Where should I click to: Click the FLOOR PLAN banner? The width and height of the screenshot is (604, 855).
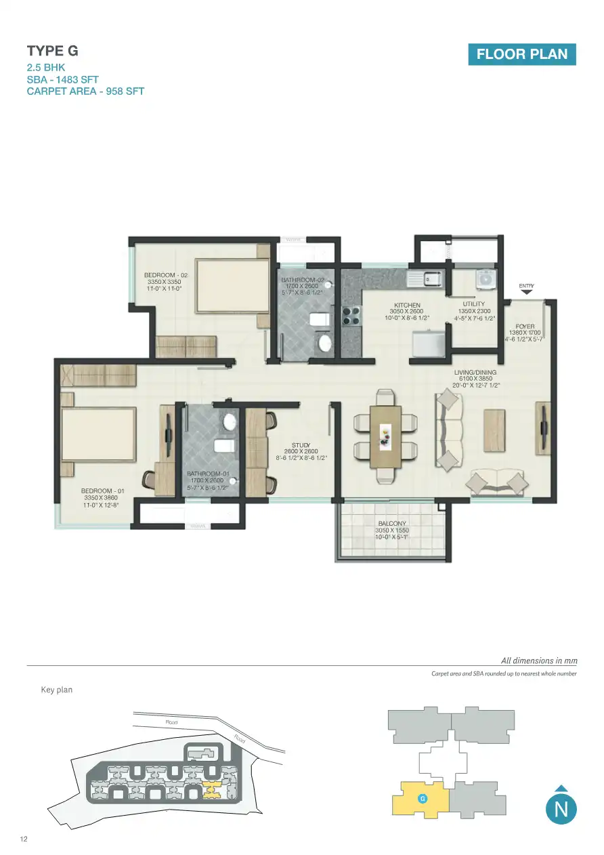click(x=521, y=54)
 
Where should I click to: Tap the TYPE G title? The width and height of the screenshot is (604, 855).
click(x=52, y=51)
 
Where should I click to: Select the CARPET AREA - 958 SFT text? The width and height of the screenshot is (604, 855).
click(x=85, y=91)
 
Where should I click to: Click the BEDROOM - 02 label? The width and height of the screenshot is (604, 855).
click(x=166, y=275)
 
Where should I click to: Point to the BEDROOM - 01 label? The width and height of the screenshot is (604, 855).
click(x=102, y=491)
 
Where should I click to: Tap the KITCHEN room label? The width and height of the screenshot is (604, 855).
click(x=407, y=306)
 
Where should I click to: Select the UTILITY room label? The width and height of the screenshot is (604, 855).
click(x=474, y=305)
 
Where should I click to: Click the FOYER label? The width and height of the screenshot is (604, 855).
click(x=525, y=327)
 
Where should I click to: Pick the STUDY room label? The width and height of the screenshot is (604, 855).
click(x=301, y=445)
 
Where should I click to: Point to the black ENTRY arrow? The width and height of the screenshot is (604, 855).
click(x=527, y=293)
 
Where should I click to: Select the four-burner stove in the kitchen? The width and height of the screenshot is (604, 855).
click(x=352, y=316)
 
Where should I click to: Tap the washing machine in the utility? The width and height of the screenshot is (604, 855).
click(x=486, y=278)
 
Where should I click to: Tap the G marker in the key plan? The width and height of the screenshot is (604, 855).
click(x=422, y=799)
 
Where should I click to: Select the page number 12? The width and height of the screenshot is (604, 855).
click(x=24, y=840)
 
